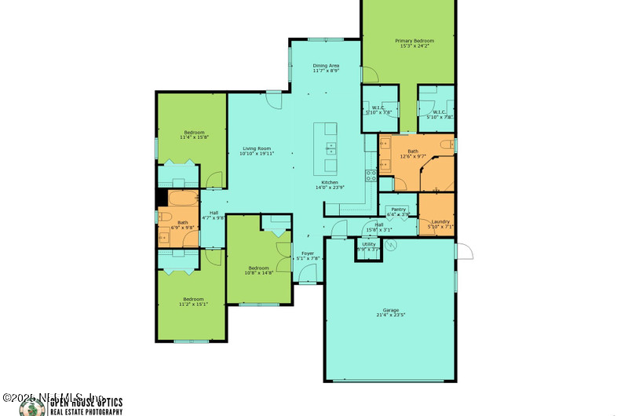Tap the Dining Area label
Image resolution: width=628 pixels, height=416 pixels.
tap(326, 66)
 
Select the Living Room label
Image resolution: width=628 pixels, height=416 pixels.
tap(257, 148)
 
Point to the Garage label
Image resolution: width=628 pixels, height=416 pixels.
tap(391, 310)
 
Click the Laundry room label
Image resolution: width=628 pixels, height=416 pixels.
tap(440, 221)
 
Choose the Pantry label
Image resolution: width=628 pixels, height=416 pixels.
tap(399, 210)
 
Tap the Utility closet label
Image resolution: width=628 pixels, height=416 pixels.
tap(368, 244)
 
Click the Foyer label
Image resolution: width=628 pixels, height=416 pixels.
tap(308, 254)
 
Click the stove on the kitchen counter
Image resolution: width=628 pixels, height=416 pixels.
tap(371, 175)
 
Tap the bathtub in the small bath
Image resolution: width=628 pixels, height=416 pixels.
tap(183, 197)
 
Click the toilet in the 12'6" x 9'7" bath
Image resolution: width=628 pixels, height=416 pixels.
tap(446, 145)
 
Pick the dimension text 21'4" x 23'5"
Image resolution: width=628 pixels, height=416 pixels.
tap(391, 316)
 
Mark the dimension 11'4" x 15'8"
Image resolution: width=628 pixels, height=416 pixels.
tap(194, 137)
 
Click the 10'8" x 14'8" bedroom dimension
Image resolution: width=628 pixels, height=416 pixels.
tap(258, 273)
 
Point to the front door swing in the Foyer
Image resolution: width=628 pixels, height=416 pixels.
tap(309, 274)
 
